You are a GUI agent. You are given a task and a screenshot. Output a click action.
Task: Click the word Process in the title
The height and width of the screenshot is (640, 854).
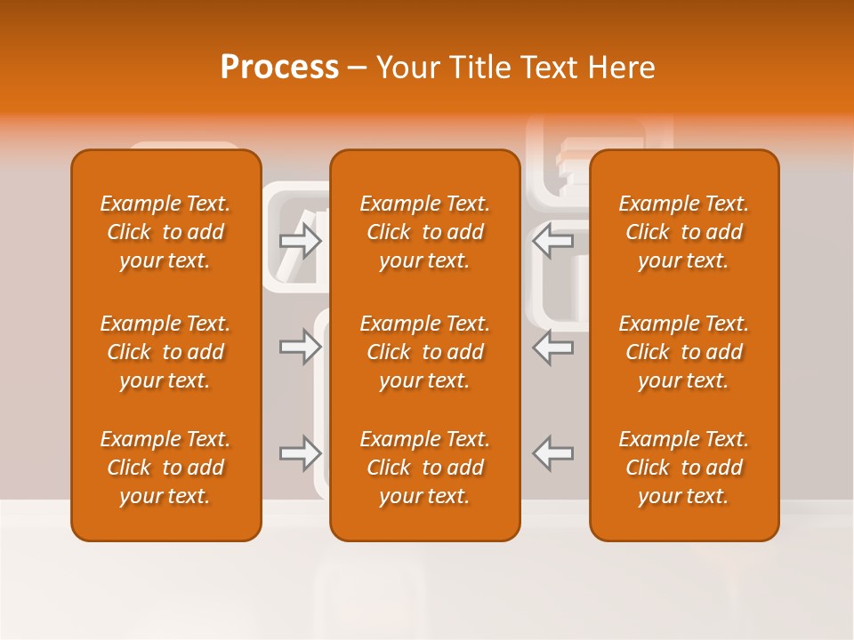click(x=279, y=68)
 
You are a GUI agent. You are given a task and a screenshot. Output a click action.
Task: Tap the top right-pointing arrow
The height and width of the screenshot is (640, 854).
click(x=301, y=240)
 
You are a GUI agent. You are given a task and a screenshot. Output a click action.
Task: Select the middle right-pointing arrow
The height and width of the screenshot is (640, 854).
click(x=301, y=347)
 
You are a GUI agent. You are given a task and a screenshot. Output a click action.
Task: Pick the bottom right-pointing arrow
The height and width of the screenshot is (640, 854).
click(x=301, y=453)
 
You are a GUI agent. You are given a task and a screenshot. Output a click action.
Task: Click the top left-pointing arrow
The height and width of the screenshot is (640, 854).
click(x=552, y=240)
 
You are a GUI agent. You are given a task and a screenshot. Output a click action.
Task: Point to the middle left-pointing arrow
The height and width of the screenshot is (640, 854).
click(x=552, y=347)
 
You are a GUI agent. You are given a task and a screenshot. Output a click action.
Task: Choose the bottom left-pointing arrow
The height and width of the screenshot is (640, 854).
click(x=552, y=453)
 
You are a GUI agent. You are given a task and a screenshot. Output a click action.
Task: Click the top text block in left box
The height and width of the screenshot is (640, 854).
click(x=165, y=232)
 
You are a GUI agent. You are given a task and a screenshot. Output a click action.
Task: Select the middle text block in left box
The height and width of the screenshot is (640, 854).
click(x=165, y=352)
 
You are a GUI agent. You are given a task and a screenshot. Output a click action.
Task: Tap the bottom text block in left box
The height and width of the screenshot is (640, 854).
click(x=165, y=468)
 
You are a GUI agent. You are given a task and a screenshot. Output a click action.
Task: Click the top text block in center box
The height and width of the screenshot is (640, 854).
click(x=424, y=232)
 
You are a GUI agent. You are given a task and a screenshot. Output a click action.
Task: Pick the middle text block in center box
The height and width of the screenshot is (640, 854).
click(x=424, y=352)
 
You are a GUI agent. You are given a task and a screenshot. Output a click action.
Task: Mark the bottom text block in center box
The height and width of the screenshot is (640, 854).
click(x=424, y=468)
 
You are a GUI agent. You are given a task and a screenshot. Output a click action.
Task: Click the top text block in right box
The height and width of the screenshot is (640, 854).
click(x=683, y=232)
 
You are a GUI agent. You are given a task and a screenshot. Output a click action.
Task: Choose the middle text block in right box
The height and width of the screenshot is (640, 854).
click(x=683, y=352)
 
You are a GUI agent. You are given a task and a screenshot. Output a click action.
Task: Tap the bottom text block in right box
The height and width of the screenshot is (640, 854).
click(x=683, y=468)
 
